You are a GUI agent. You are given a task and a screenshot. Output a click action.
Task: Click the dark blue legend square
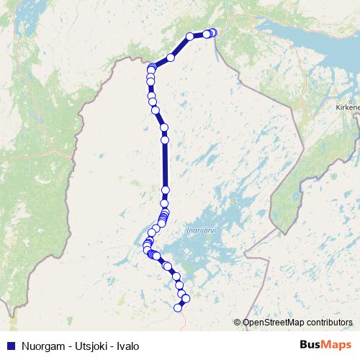[10, 346]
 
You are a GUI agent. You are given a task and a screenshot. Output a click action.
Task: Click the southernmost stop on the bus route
[179, 308]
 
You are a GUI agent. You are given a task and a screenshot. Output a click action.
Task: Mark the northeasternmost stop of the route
[213, 32]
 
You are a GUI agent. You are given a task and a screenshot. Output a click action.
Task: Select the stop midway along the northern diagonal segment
[171, 57]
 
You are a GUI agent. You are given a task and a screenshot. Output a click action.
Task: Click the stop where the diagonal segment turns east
[190, 36]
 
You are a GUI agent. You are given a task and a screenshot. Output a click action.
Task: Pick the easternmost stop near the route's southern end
[186, 297]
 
